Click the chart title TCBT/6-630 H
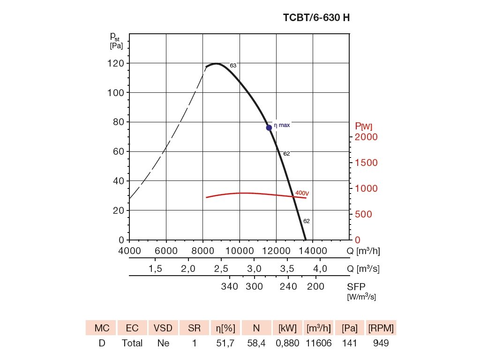pyautogui.click(x=316, y=18)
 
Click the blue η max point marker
pyautogui.click(x=269, y=127)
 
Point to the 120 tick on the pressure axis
pyautogui.click(x=116, y=63)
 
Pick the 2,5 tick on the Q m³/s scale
pyautogui.click(x=221, y=269)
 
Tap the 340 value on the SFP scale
pyautogui.click(x=229, y=286)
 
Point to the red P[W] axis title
pyautogui.click(x=363, y=126)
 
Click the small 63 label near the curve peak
pyautogui.click(x=233, y=66)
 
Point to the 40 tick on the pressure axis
pyautogui.click(x=118, y=181)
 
